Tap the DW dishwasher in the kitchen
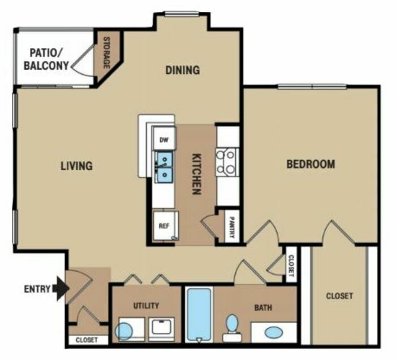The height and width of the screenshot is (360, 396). [x=164, y=139]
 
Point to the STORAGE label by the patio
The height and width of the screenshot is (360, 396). [x=106, y=53]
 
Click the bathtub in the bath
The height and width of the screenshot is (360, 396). [x=199, y=315]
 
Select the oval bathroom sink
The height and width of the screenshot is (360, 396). [x=274, y=332]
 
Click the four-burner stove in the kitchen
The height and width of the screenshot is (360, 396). [x=227, y=162]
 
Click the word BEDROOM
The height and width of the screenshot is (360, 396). [x=311, y=164]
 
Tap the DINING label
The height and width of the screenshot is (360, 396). [x=183, y=70]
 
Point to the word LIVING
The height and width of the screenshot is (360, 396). [x=76, y=166]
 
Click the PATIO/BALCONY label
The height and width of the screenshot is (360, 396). [x=46, y=59]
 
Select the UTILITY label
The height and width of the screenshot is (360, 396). [x=146, y=306]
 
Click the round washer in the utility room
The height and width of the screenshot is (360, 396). [x=124, y=332]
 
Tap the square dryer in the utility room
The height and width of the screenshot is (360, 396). [x=161, y=329]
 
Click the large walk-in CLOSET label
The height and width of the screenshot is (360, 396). [x=339, y=296]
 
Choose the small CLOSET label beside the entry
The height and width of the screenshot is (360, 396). [x=87, y=340]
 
